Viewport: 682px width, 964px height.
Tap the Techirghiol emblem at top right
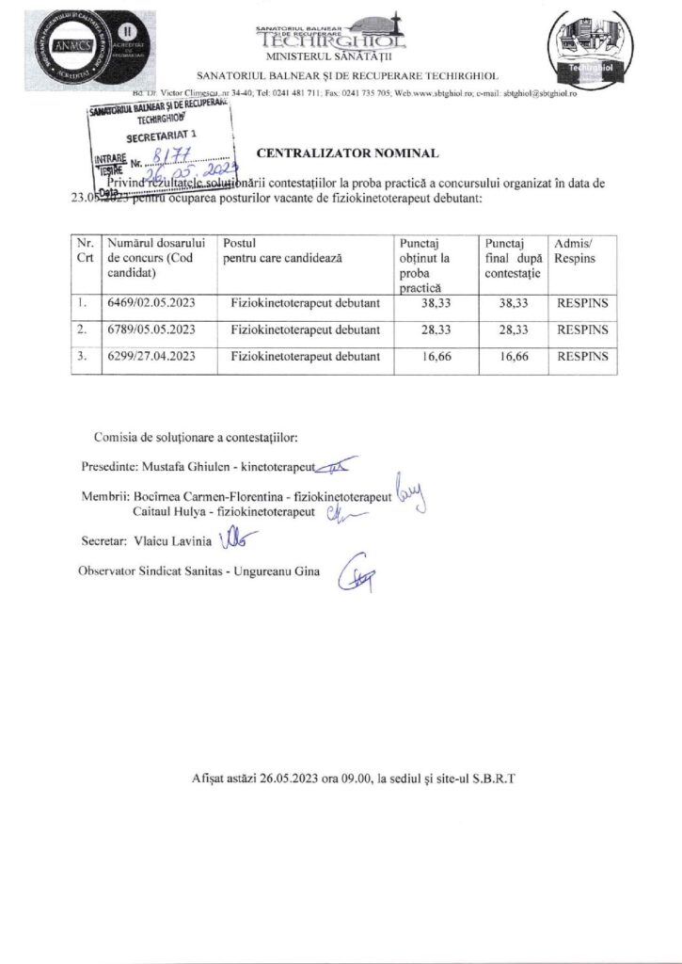point(588,52)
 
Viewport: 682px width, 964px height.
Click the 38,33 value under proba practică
point(432,304)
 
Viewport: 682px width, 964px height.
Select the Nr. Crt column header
point(84,250)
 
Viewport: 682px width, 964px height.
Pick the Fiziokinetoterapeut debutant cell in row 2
point(305,330)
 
